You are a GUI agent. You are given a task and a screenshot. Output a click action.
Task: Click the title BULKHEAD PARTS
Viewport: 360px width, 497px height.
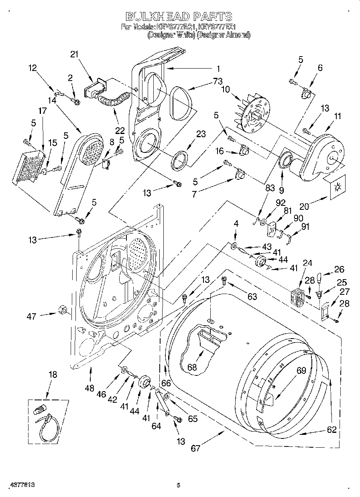[x=179, y=16]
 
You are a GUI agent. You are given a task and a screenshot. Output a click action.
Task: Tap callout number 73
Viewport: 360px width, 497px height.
[x=218, y=81]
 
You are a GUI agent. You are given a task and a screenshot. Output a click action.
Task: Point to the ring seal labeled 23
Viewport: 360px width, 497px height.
[x=180, y=159]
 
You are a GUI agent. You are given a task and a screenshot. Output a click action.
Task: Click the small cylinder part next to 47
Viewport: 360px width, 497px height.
[x=62, y=310]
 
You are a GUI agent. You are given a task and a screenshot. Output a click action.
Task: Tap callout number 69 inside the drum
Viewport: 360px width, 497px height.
[x=301, y=371]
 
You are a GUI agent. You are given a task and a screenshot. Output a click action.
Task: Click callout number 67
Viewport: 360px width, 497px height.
[x=195, y=448]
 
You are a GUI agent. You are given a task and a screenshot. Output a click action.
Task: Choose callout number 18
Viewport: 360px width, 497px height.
[x=53, y=375]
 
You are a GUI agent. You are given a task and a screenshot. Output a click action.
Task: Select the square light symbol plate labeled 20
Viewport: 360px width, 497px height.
[x=336, y=187]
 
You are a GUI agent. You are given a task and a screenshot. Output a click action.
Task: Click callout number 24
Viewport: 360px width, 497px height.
[x=307, y=263]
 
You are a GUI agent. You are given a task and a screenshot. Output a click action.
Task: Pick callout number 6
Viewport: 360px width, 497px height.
[x=320, y=68]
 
